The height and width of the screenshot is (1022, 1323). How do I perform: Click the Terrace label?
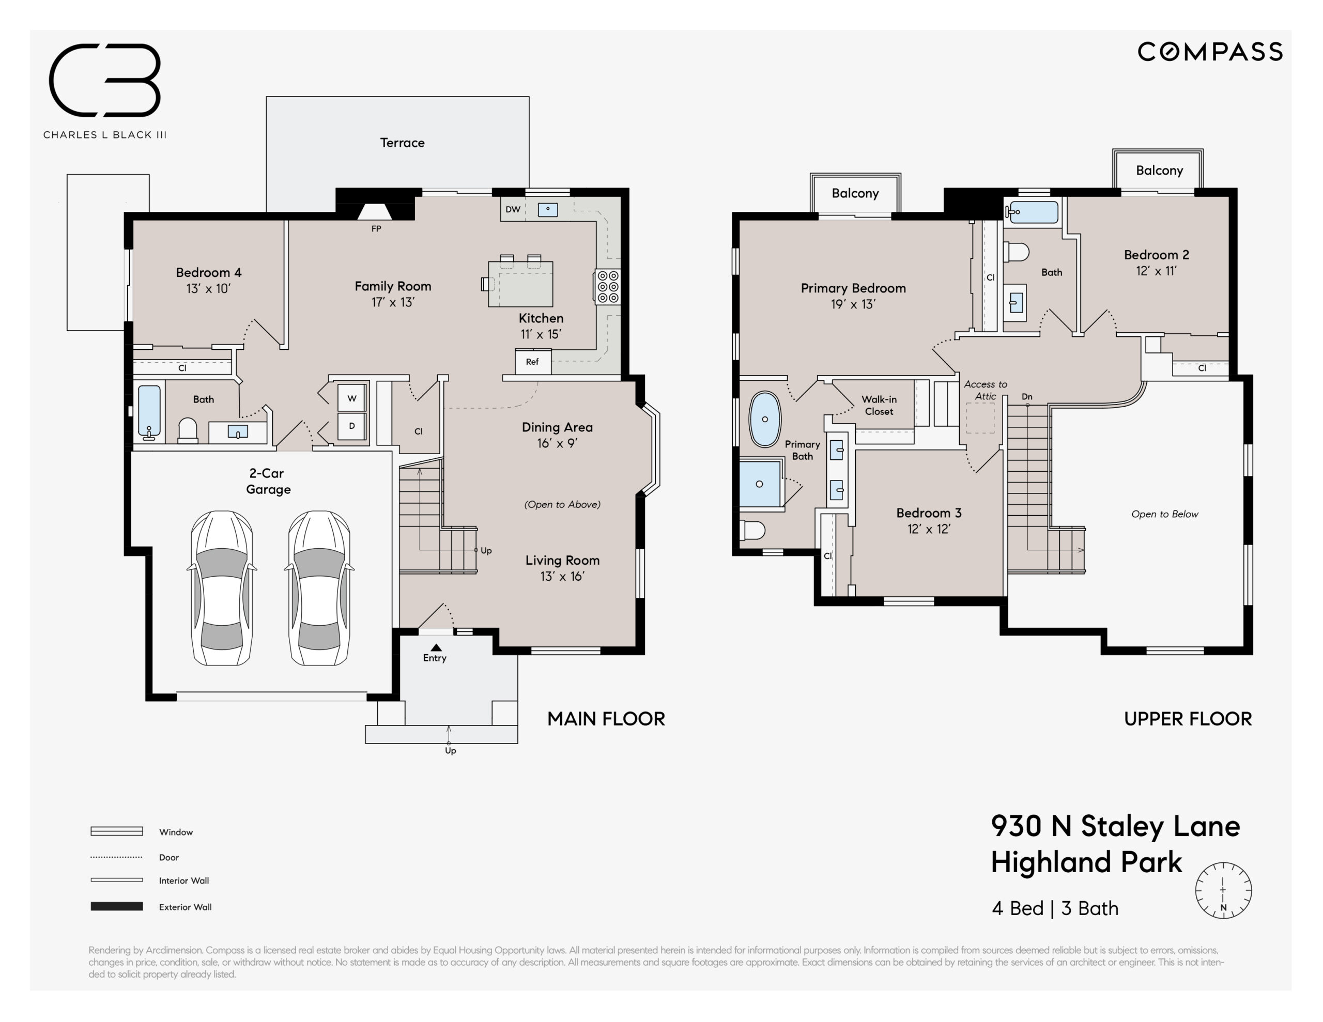point(402,143)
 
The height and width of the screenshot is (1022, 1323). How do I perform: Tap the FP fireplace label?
point(376,229)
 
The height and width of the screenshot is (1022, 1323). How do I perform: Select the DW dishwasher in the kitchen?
point(513,210)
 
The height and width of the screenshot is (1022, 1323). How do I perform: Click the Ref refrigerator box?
point(532,362)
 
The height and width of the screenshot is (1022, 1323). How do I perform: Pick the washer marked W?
point(352,398)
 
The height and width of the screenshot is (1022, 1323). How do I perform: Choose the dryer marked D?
point(352,426)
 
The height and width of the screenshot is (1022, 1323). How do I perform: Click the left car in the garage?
point(222,588)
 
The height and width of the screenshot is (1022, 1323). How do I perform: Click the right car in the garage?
point(319,588)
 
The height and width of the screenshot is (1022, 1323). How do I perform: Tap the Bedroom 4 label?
point(208,273)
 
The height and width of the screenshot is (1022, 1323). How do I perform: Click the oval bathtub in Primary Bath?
point(765,419)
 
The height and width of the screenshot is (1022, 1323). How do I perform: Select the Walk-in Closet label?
point(879,405)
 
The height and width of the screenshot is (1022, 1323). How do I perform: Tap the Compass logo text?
point(1210,52)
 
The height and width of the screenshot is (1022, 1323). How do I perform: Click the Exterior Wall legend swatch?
point(116,906)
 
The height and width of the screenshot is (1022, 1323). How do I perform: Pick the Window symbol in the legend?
point(116,831)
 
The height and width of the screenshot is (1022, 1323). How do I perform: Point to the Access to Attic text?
point(986,390)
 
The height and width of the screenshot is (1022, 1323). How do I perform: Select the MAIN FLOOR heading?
point(606,719)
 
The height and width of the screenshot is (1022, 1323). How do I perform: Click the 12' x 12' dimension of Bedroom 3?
point(929,529)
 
